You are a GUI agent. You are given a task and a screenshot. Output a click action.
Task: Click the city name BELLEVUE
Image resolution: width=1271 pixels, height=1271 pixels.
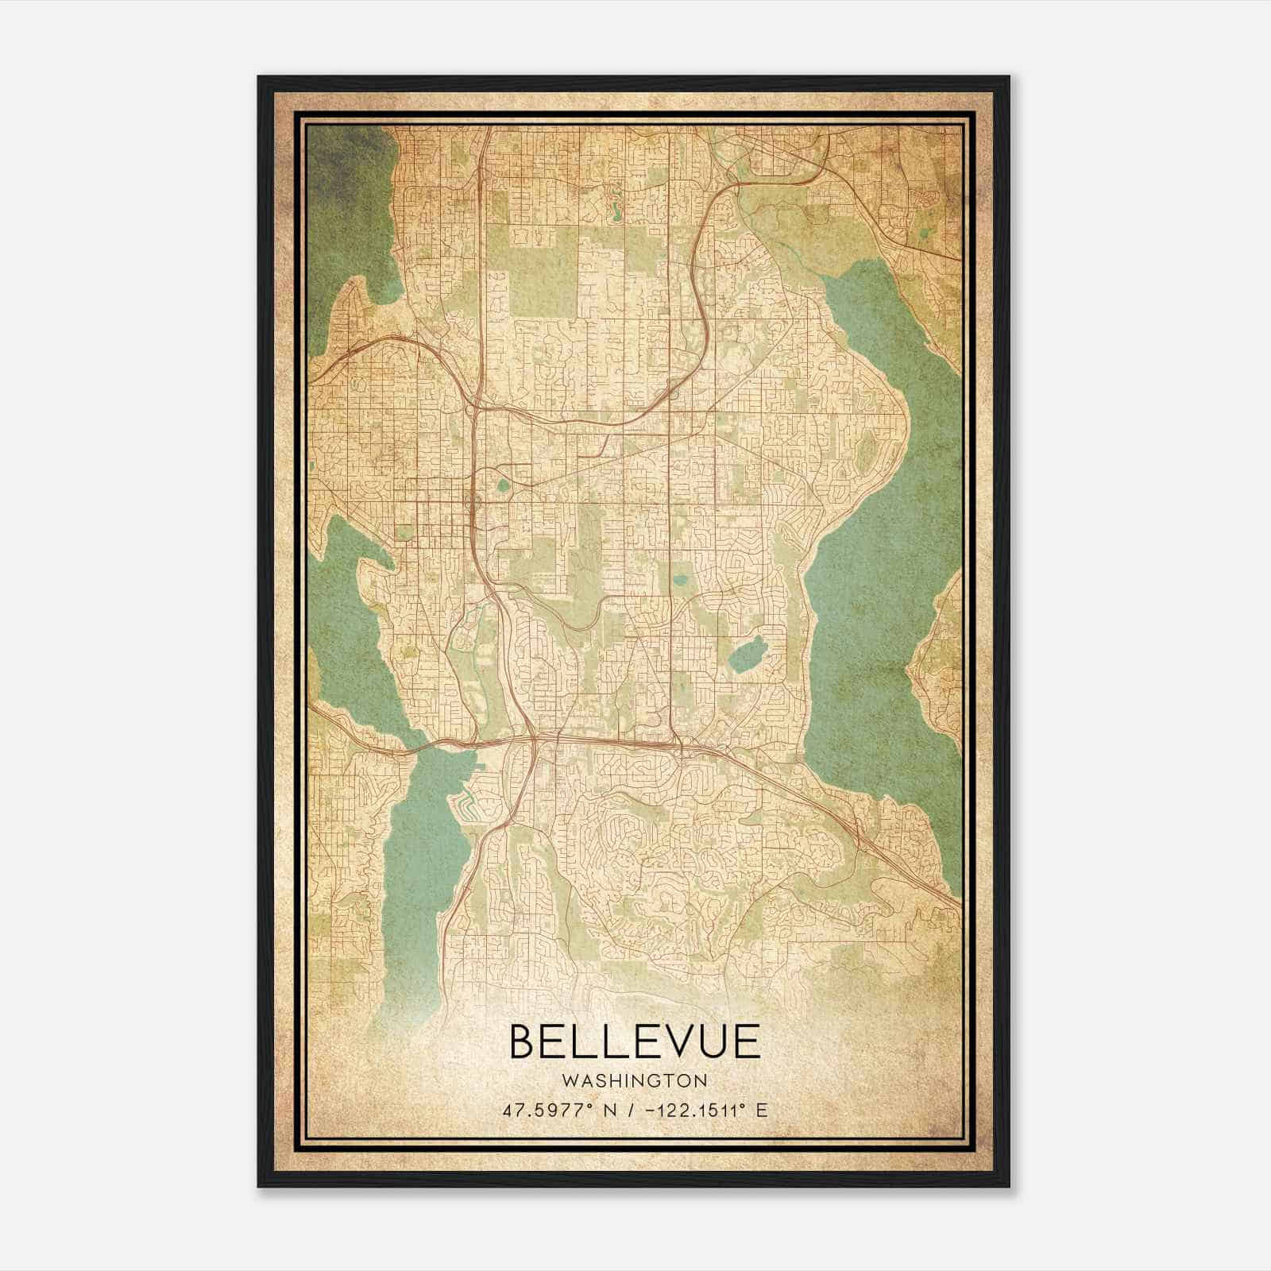point(634,1041)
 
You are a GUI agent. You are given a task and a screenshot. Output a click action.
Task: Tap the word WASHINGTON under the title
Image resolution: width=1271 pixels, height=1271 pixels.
point(634,1081)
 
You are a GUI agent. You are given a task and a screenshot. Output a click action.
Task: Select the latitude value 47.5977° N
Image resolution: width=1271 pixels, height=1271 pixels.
point(552,1110)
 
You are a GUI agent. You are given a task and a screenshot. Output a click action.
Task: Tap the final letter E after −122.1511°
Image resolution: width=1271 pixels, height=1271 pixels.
point(762,1110)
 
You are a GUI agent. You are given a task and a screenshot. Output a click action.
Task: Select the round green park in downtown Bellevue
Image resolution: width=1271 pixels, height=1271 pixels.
point(503,483)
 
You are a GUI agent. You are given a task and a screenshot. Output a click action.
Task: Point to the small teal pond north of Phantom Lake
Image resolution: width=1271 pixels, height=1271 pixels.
point(681,580)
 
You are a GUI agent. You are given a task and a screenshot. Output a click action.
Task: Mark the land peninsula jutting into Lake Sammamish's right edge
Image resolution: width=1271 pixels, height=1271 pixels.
point(937,659)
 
